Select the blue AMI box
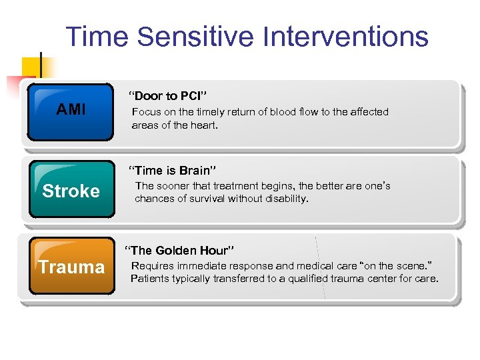point(71,111)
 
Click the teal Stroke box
point(71,191)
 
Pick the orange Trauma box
point(71,267)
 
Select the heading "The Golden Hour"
point(179,251)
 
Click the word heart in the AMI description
point(204,125)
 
